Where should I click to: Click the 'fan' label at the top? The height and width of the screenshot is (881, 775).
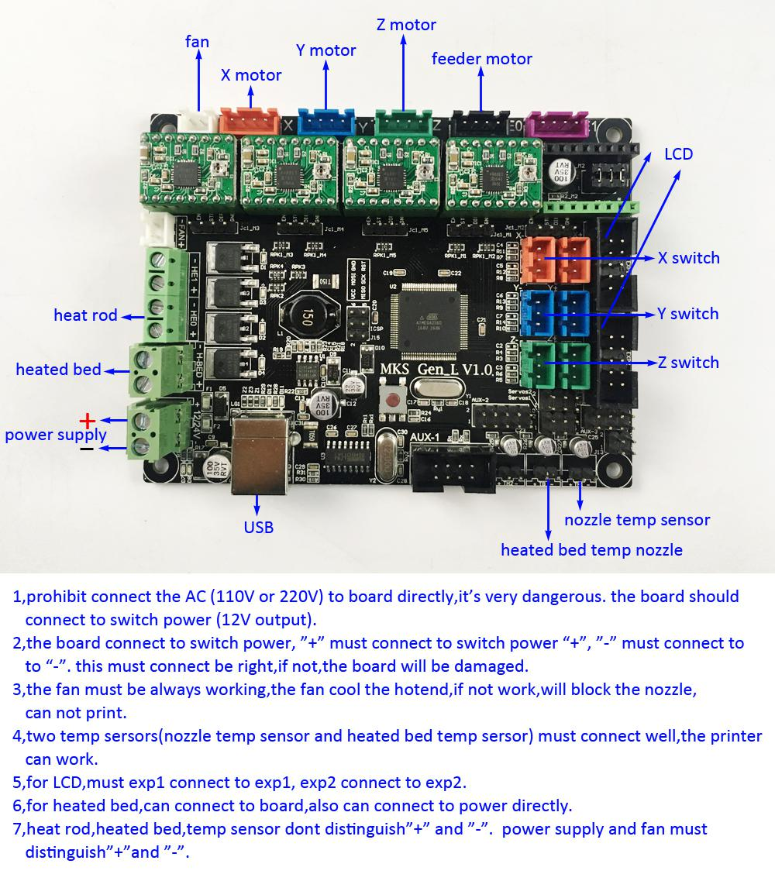pos(197,41)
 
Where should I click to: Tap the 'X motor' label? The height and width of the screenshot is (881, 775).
pos(251,75)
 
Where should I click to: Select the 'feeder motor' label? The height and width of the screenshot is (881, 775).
pos(482,58)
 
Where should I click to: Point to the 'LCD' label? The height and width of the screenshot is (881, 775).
pos(678,154)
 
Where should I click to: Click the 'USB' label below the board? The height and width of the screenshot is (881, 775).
pos(258,527)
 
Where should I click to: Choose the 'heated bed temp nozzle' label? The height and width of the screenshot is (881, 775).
pos(591,550)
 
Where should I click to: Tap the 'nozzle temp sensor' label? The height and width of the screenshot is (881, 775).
pos(637,520)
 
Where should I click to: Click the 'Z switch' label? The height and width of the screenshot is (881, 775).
pos(688,362)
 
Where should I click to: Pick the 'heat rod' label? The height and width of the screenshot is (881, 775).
pos(85,315)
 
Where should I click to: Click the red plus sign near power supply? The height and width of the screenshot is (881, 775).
pos(88,421)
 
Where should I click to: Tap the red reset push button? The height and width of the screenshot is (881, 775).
pos(394,401)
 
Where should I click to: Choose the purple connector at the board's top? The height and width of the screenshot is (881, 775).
pos(553,124)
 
